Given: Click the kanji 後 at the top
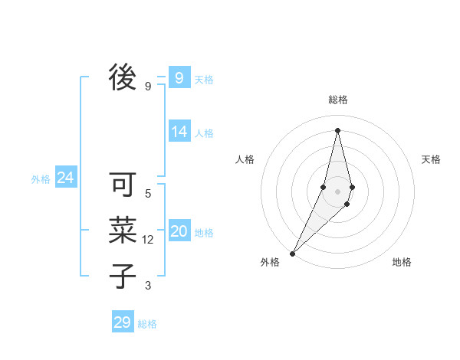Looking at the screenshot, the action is click(123, 77).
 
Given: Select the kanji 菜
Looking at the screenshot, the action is click(123, 231).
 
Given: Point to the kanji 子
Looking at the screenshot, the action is click(123, 277).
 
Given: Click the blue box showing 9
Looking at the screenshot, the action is click(179, 78).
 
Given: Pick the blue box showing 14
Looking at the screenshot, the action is click(179, 132).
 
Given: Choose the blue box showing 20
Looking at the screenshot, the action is click(179, 231).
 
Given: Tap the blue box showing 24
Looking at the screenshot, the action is click(65, 178).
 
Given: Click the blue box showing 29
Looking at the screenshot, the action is click(122, 322).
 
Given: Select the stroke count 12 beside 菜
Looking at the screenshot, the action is click(148, 240).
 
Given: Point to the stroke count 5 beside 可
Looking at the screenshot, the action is click(148, 194).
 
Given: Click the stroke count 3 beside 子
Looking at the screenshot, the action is click(148, 286).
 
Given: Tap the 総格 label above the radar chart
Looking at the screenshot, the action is click(338, 100).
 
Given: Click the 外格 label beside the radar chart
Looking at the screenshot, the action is click(270, 262).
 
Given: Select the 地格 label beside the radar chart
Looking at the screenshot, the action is click(402, 262).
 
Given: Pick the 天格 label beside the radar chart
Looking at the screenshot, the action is click(431, 159).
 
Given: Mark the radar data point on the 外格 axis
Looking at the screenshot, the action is click(293, 253).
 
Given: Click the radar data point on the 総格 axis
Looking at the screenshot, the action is click(337, 130).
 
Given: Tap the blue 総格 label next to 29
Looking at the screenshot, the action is click(147, 324).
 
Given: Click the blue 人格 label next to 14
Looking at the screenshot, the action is click(204, 133).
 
